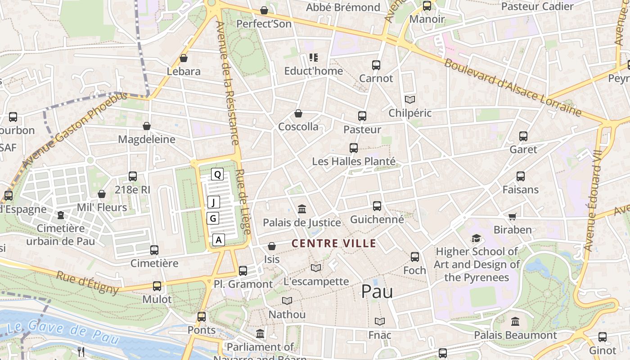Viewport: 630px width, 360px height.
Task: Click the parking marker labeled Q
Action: (x=217, y=175)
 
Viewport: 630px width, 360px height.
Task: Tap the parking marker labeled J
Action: (x=214, y=202)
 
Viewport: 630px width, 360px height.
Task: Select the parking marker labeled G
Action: (x=213, y=219)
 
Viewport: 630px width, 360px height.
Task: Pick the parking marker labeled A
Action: (x=219, y=240)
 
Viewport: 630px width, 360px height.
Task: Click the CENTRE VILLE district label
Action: (x=333, y=243)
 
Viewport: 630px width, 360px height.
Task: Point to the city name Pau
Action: (x=377, y=292)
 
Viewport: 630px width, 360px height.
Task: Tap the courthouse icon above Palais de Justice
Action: (x=302, y=209)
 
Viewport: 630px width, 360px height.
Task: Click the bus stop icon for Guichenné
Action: (x=377, y=206)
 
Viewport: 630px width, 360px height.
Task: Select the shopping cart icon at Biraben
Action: (x=512, y=217)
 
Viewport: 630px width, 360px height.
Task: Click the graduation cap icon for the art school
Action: (x=476, y=238)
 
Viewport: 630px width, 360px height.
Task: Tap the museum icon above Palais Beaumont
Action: (x=515, y=322)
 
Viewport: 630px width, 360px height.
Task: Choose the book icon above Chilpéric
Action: (x=409, y=99)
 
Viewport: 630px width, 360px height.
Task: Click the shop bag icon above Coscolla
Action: (x=298, y=113)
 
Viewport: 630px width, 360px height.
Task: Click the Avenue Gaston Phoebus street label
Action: (x=74, y=130)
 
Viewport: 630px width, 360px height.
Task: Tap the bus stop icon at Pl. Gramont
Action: (x=243, y=270)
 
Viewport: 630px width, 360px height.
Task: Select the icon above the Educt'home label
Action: (x=314, y=58)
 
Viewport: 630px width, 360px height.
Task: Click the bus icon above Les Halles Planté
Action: (x=354, y=148)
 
